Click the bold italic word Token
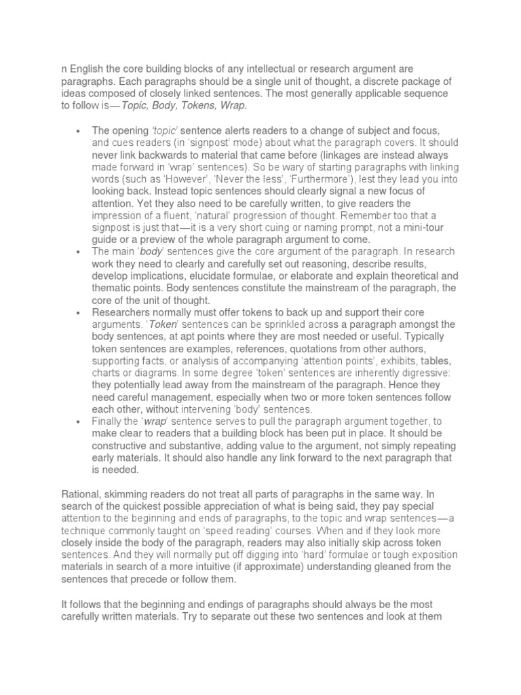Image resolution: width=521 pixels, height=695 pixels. (x=162, y=324)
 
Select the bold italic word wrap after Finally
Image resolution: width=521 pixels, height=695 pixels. (x=155, y=421)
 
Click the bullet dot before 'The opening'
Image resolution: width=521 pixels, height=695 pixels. (x=79, y=130)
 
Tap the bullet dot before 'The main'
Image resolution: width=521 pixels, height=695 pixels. (x=79, y=252)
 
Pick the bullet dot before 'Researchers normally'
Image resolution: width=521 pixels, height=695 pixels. (x=79, y=313)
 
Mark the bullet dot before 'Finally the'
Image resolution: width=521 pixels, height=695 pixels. (x=79, y=421)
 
